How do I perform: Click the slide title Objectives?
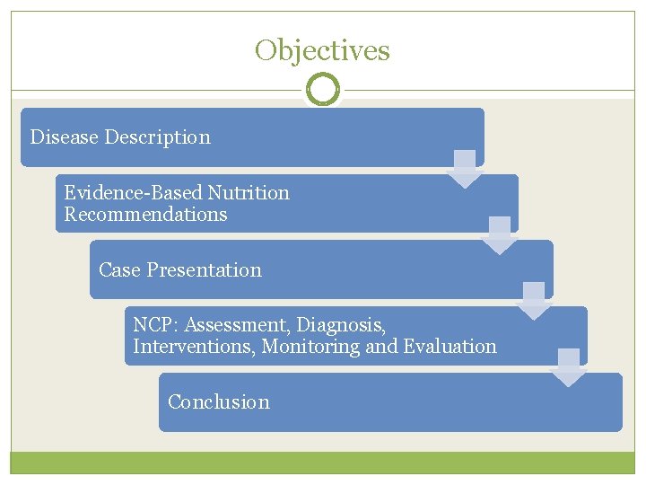322,50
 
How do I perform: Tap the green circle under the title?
322,90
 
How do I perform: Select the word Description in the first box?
158,137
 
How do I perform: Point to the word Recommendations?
145,215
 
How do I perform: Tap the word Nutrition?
249,193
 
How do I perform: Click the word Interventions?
193,347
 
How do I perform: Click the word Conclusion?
218,402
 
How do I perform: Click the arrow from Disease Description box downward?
465,169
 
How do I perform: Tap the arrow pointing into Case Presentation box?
499,235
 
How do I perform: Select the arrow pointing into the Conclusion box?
568,368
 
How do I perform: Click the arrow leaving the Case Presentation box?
534,302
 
